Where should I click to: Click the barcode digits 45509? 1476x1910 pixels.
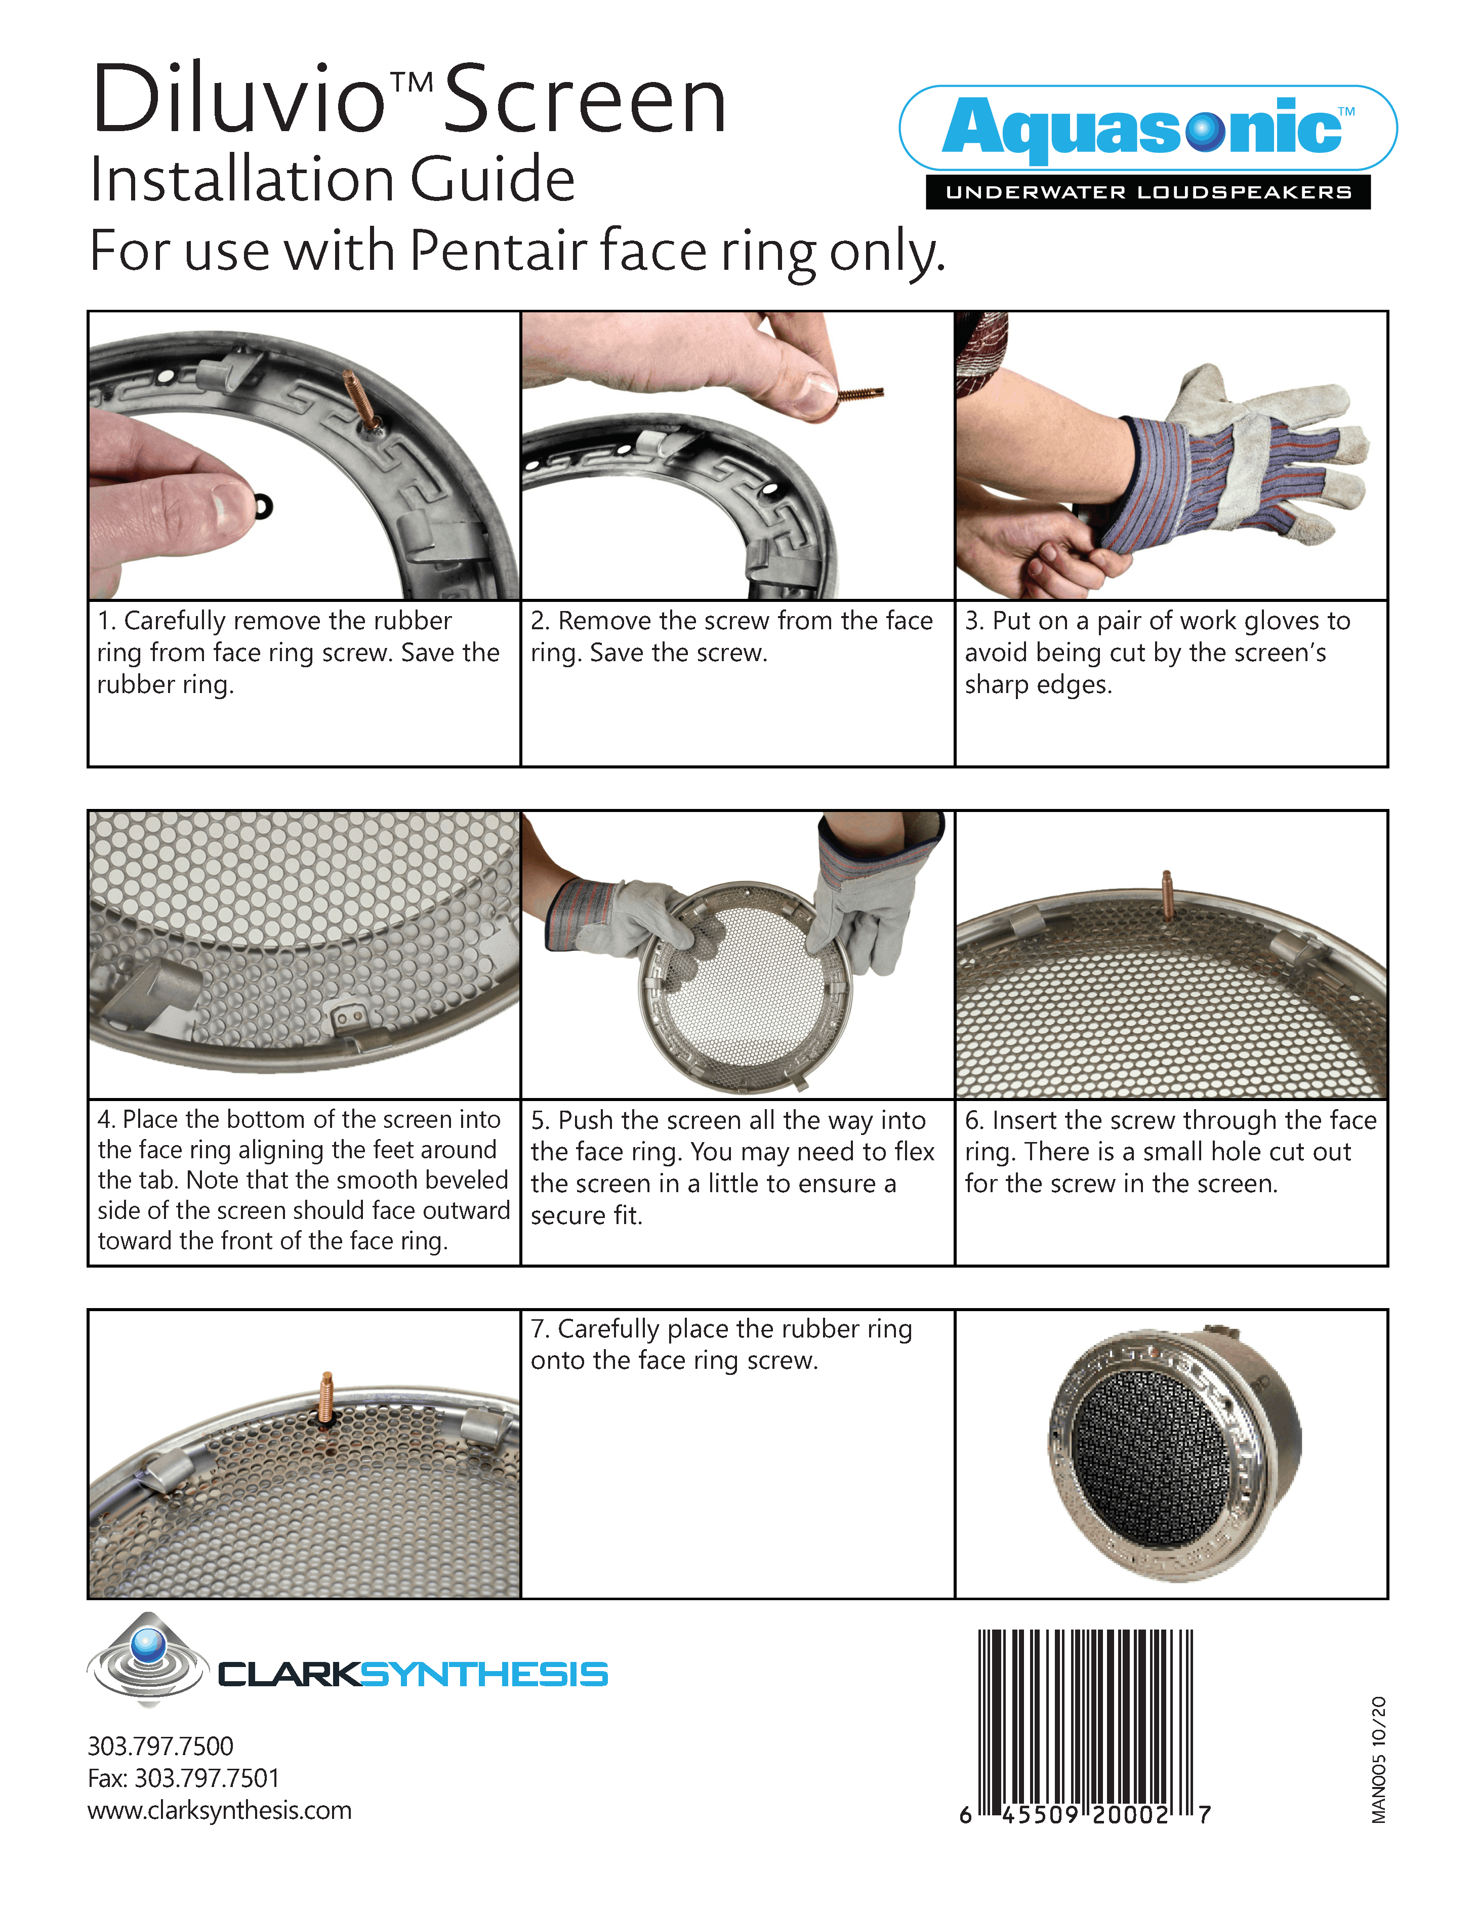point(1041,1815)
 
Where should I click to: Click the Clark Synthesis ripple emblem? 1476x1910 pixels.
point(148,1659)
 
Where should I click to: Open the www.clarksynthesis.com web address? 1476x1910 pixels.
point(220,1810)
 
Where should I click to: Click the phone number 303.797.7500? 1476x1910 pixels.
point(160,1746)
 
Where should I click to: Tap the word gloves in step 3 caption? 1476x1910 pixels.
point(1282,621)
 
